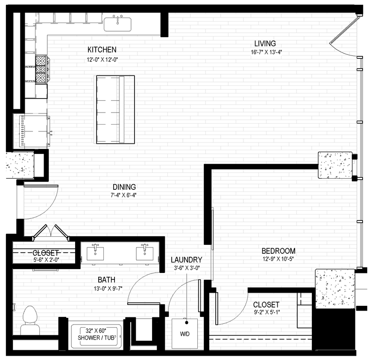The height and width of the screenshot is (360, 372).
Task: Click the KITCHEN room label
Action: [x=102, y=49]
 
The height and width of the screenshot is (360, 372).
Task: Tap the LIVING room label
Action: [x=265, y=44]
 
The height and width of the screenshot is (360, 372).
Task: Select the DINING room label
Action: [x=124, y=187]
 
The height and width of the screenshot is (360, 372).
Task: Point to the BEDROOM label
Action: [x=278, y=251]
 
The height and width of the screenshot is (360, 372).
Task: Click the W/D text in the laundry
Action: [x=185, y=333]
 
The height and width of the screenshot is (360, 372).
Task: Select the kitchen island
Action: [x=115, y=109]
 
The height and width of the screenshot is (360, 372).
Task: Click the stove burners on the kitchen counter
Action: [x=41, y=69]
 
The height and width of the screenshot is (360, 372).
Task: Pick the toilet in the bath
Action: [x=30, y=320]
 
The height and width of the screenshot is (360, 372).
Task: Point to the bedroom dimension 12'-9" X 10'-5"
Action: [x=278, y=258]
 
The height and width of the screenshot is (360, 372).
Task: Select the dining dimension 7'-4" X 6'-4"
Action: [x=124, y=195]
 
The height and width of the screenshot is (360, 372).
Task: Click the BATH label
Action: [x=106, y=280]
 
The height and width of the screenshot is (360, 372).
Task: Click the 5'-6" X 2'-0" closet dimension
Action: [x=46, y=258]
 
